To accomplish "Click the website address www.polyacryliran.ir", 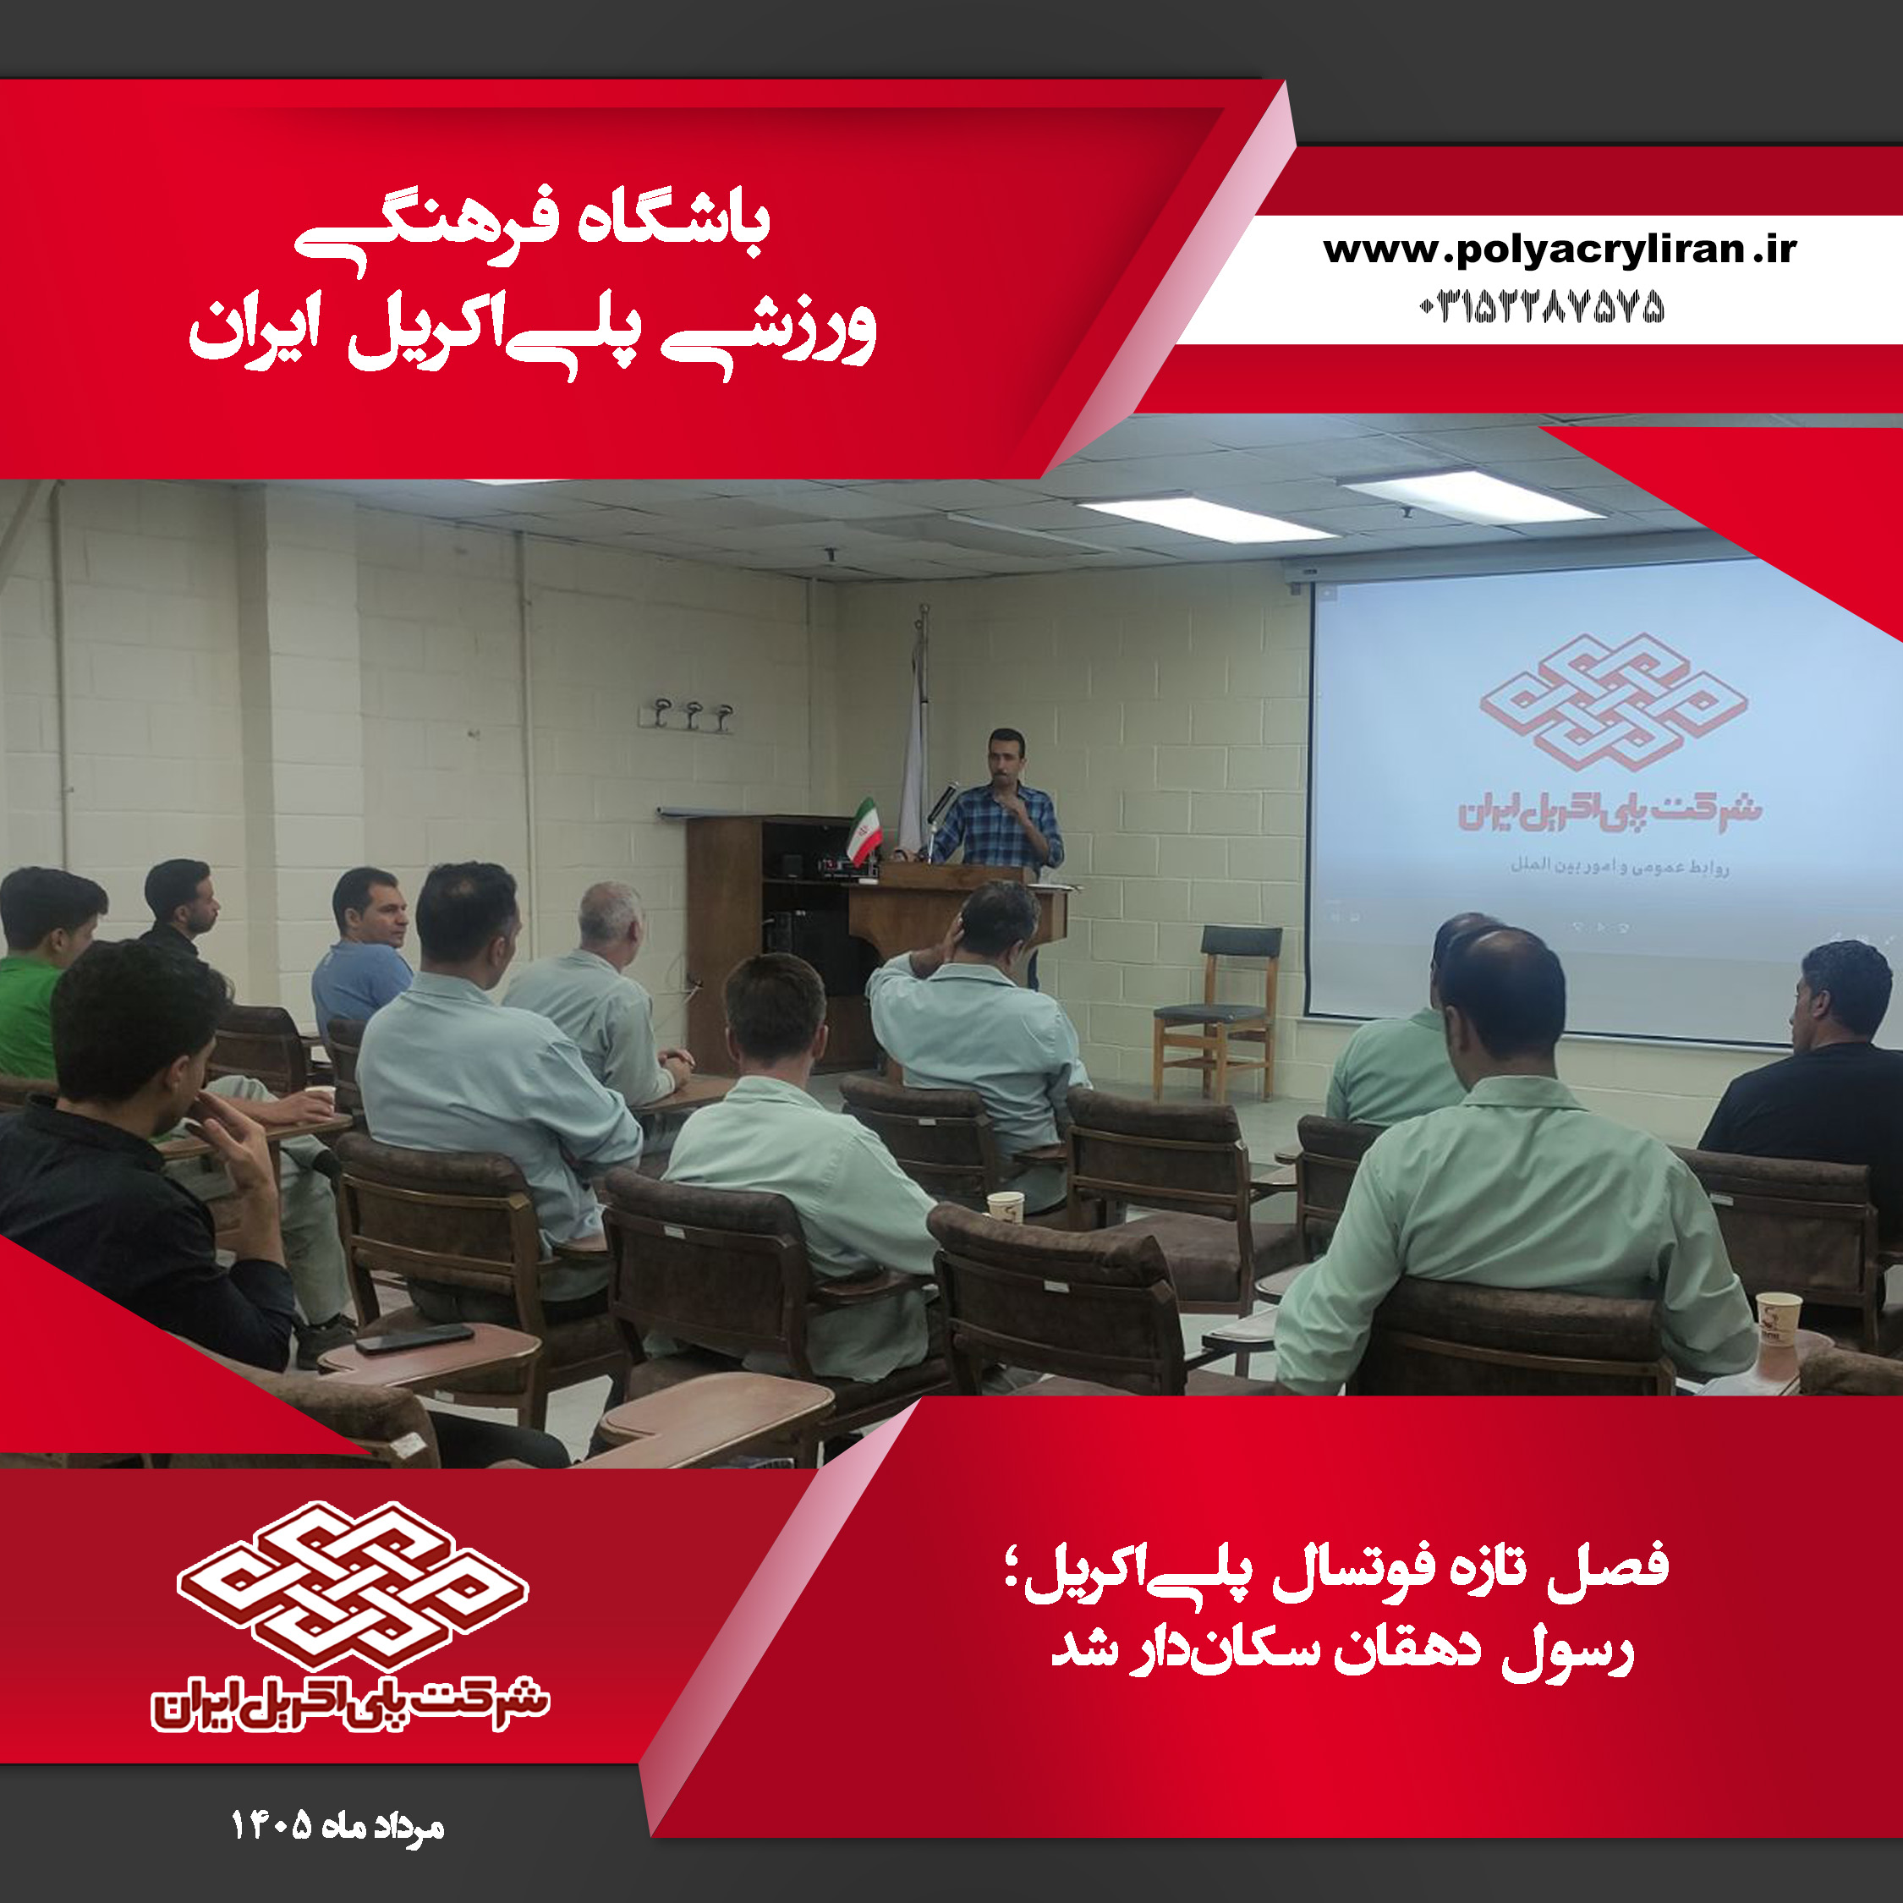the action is pos(1560,251).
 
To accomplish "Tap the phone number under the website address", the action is pos(1542,307).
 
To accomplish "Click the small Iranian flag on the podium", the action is pos(864,831).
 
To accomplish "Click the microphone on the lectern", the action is pos(940,803).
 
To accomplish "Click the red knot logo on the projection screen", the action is pos(1614,701).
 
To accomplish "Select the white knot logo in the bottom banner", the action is pos(353,1585).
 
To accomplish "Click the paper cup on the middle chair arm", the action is pos(1006,1208).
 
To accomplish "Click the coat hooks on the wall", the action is pos(687,714).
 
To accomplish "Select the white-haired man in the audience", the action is pos(601,995).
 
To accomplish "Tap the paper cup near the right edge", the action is pos(1778,1320).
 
